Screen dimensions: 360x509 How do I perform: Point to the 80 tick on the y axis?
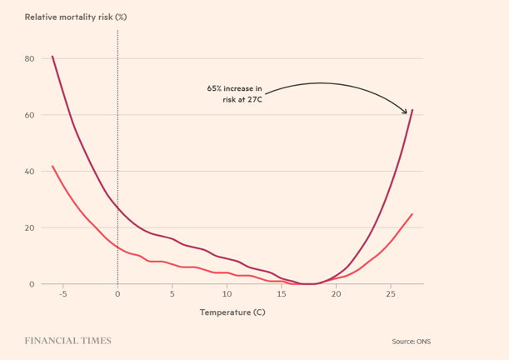point(29,58)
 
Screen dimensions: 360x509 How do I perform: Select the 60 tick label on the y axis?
point(29,115)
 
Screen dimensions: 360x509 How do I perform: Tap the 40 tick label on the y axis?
point(29,172)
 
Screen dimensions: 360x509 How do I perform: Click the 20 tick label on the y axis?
point(29,227)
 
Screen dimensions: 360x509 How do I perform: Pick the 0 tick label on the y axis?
point(32,284)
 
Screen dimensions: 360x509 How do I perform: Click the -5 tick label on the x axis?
point(62,294)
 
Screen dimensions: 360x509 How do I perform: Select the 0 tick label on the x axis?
point(117,294)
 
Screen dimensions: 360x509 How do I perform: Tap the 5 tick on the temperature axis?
point(172,294)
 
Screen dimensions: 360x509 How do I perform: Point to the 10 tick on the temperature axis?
point(227,294)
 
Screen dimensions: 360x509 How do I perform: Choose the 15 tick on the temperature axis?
point(282,294)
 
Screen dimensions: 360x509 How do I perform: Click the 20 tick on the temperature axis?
point(336,294)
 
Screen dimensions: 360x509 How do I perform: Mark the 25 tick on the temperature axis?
point(391,294)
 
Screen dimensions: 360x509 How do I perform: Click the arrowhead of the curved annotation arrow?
point(406,112)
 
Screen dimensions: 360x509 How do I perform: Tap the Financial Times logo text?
point(67,341)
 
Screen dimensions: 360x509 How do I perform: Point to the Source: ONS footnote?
point(412,342)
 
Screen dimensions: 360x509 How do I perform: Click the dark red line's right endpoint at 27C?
point(412,109)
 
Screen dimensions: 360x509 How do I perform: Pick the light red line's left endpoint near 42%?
point(52,166)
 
